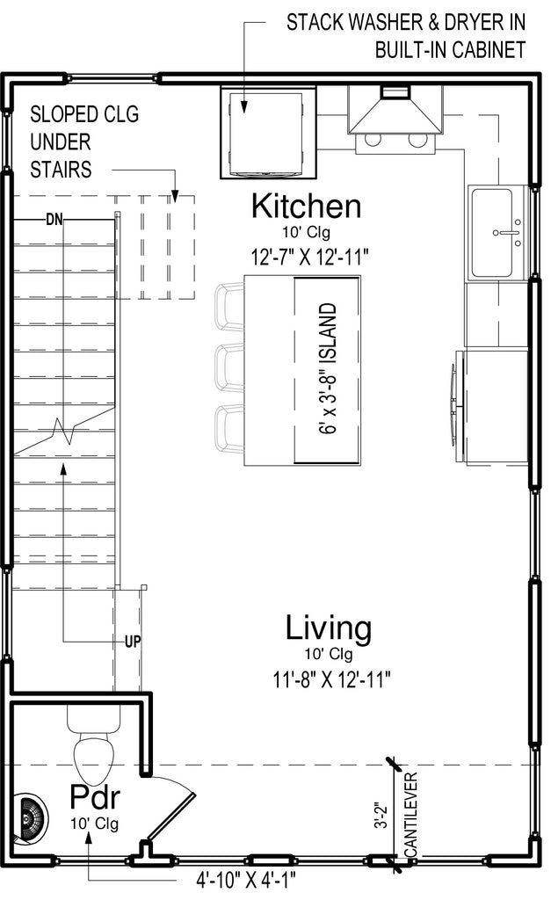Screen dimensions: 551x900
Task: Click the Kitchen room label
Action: click(307, 206)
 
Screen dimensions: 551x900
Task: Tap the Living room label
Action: click(329, 628)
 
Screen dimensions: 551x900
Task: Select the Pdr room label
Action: click(95, 796)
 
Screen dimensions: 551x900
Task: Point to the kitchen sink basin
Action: click(491, 232)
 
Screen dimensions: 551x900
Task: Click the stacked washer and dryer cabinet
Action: click(269, 133)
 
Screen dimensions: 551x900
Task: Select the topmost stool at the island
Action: click(229, 307)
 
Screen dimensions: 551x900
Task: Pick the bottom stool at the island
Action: click(229, 429)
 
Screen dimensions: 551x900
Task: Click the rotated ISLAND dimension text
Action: click(327, 368)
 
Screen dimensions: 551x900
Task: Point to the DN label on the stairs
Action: click(54, 219)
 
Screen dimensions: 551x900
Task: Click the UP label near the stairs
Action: click(133, 641)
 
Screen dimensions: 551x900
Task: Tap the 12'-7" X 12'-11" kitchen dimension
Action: click(308, 256)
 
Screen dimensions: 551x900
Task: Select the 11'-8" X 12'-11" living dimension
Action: click(332, 679)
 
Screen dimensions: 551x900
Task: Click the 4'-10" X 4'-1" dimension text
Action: click(246, 880)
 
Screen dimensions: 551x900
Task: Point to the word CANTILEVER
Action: click(411, 815)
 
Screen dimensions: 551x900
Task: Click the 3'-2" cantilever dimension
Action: click(381, 815)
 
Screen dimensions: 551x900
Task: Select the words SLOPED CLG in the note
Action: click(84, 114)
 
